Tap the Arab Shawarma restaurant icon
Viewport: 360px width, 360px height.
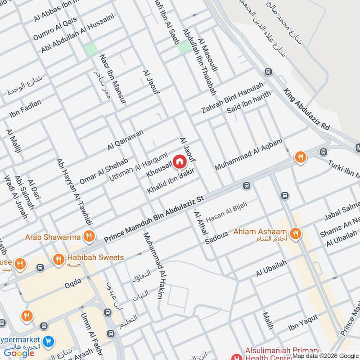coord(89,236)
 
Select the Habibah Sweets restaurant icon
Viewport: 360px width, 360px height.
coord(58,259)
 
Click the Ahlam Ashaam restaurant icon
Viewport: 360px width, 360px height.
coord(296,233)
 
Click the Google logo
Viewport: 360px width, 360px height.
coord(19,353)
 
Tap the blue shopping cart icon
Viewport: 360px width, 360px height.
coord(49,342)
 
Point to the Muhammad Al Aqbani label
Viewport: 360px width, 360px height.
coord(248,154)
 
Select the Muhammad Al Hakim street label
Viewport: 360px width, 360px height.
coord(153,265)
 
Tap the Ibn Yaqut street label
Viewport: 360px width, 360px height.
coord(303,322)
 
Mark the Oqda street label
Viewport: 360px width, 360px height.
coord(72,282)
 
